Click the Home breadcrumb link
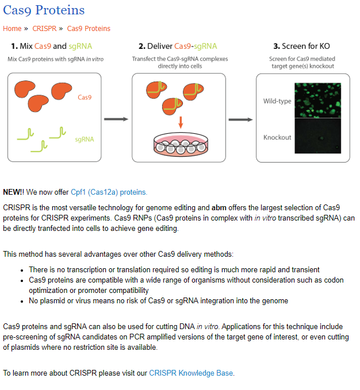(12, 29)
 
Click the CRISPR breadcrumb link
(44, 29)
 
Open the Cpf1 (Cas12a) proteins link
(109, 192)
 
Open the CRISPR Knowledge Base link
(191, 373)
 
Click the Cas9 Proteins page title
(44, 10)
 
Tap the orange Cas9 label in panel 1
(85, 97)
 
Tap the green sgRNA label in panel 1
(85, 139)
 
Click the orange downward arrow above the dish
(181, 122)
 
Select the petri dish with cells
(181, 145)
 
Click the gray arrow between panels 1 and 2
(116, 119)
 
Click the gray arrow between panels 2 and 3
(240, 119)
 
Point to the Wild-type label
(277, 101)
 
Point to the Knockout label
(277, 137)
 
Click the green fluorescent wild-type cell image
(317, 101)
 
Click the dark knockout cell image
(317, 136)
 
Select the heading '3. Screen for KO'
(301, 46)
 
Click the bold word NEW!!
(13, 192)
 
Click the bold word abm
(219, 208)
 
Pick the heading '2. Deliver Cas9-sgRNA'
(178, 47)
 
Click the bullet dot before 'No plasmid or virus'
(22, 302)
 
